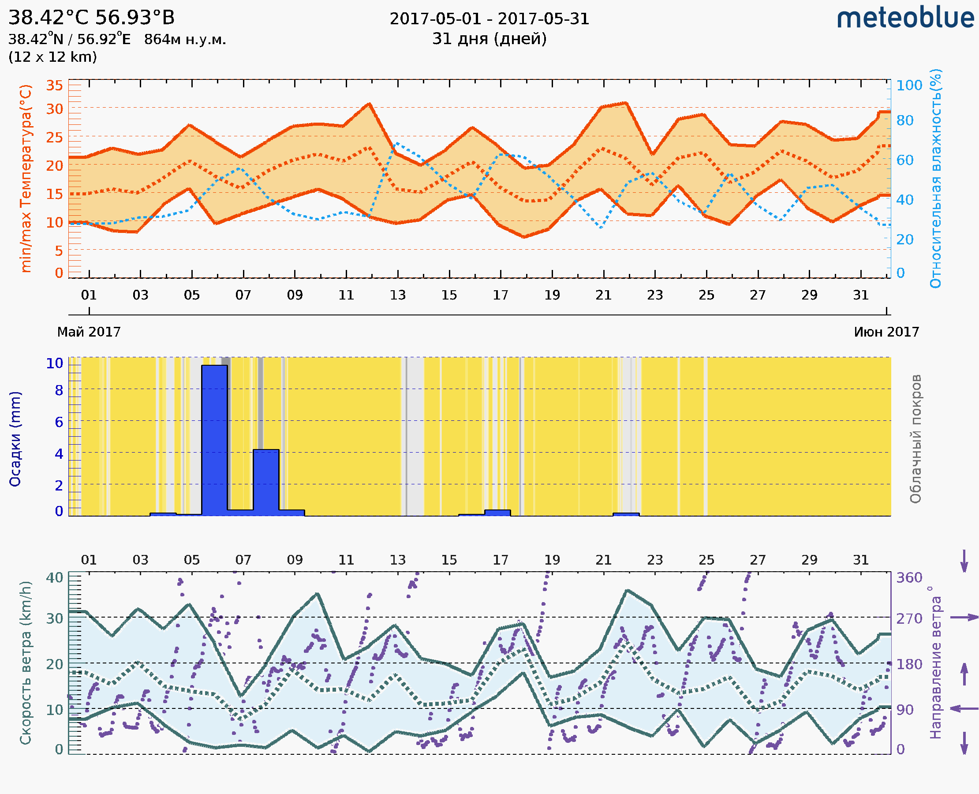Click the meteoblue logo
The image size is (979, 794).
coord(905,18)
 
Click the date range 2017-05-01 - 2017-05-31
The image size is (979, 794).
coord(489,19)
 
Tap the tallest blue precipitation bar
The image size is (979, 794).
coord(214,439)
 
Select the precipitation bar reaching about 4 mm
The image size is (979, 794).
coord(265,480)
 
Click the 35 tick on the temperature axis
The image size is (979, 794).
coord(54,85)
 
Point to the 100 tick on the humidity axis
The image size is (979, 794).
coord(909,85)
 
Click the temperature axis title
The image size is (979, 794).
coord(26,178)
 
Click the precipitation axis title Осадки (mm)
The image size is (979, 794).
coord(15,439)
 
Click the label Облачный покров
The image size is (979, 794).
coord(915,439)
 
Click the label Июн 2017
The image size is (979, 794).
coord(886,332)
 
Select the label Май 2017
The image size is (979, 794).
coord(89,332)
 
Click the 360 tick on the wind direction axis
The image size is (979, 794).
coord(909,578)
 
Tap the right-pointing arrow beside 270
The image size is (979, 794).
coord(964,618)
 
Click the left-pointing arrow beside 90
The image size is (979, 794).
coord(964,708)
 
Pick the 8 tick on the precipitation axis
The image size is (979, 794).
coord(59,390)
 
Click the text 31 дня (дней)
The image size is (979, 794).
coord(489,39)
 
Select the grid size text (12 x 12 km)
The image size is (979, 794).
coord(52,57)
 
